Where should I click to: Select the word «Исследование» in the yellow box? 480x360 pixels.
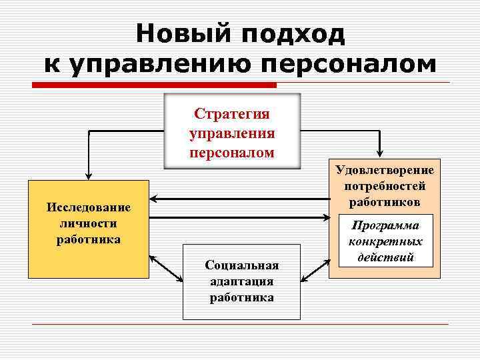point(89,207)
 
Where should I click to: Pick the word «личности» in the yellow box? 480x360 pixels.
point(89,223)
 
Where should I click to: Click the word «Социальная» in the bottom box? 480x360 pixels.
point(241,266)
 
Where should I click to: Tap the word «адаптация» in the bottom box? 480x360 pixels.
point(241,281)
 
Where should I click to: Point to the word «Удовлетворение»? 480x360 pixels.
point(385,171)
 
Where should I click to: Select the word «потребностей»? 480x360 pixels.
point(385,186)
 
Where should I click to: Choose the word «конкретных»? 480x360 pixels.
point(385,241)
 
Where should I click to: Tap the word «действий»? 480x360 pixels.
point(385,257)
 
